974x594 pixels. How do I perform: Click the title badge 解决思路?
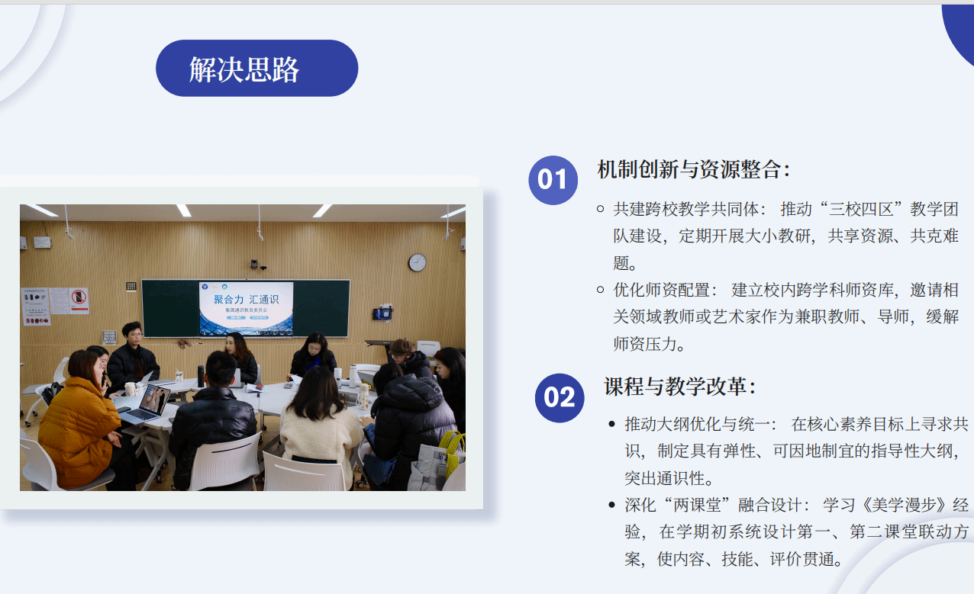point(257,68)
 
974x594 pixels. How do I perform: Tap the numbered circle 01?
point(553,180)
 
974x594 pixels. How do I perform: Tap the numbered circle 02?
point(560,398)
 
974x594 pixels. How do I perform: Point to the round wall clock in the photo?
point(417,262)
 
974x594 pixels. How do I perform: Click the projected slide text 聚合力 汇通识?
point(246,299)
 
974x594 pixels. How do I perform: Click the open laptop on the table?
point(147,404)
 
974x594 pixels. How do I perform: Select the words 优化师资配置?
point(661,290)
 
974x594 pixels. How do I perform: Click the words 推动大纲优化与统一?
point(697,424)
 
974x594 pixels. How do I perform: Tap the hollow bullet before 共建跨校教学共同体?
point(601,209)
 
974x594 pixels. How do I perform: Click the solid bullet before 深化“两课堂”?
point(612,505)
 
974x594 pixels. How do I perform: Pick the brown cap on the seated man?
point(402,347)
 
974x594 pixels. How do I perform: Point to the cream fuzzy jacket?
point(321,438)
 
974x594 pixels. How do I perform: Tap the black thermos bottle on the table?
point(201,376)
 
